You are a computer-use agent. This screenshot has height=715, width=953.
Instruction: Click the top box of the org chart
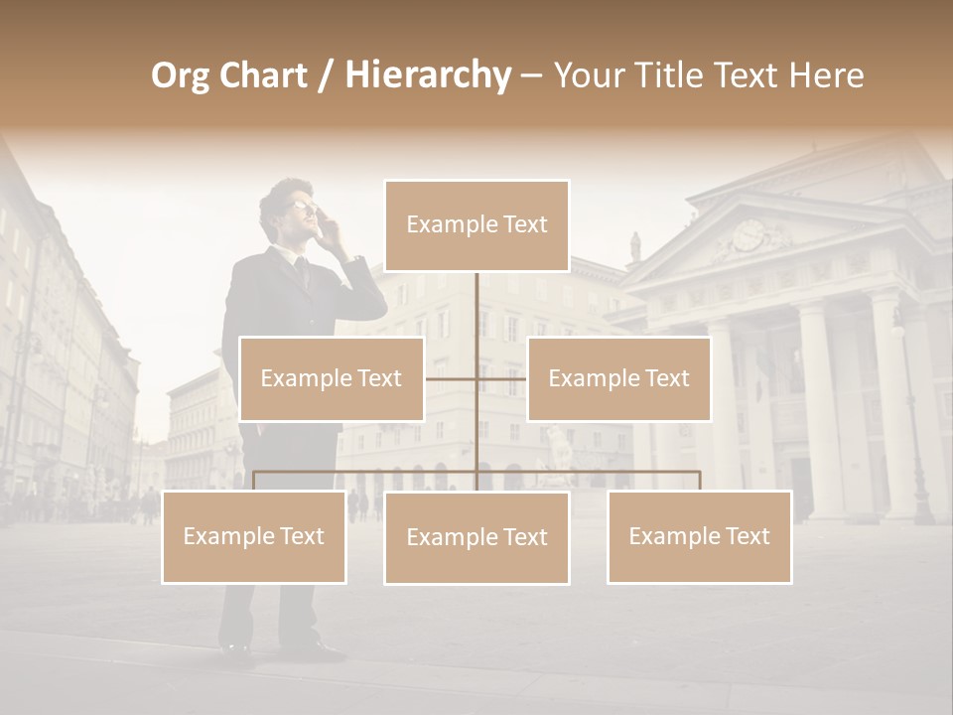pos(476,225)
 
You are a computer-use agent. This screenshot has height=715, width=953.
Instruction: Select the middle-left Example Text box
pos(332,378)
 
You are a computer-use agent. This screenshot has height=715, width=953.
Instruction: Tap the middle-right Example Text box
pos(618,378)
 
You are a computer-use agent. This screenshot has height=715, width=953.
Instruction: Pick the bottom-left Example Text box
pos(254,536)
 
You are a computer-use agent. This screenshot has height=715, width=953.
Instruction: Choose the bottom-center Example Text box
pos(476,537)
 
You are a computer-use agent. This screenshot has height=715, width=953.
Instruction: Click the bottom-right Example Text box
pos(699,536)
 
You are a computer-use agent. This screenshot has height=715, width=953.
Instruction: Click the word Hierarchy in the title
pos(428,75)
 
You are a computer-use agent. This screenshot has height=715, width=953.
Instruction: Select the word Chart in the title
pos(263,75)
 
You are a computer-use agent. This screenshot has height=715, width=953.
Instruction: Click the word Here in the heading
pos(827,75)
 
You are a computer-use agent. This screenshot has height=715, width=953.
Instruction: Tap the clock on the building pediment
pos(748,235)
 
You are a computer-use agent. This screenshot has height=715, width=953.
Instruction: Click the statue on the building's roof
pos(635,246)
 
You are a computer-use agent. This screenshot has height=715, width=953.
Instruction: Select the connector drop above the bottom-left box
pos(254,481)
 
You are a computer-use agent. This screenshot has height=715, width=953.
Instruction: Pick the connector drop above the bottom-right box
pos(699,481)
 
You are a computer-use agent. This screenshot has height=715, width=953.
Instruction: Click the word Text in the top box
pos(524,225)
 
